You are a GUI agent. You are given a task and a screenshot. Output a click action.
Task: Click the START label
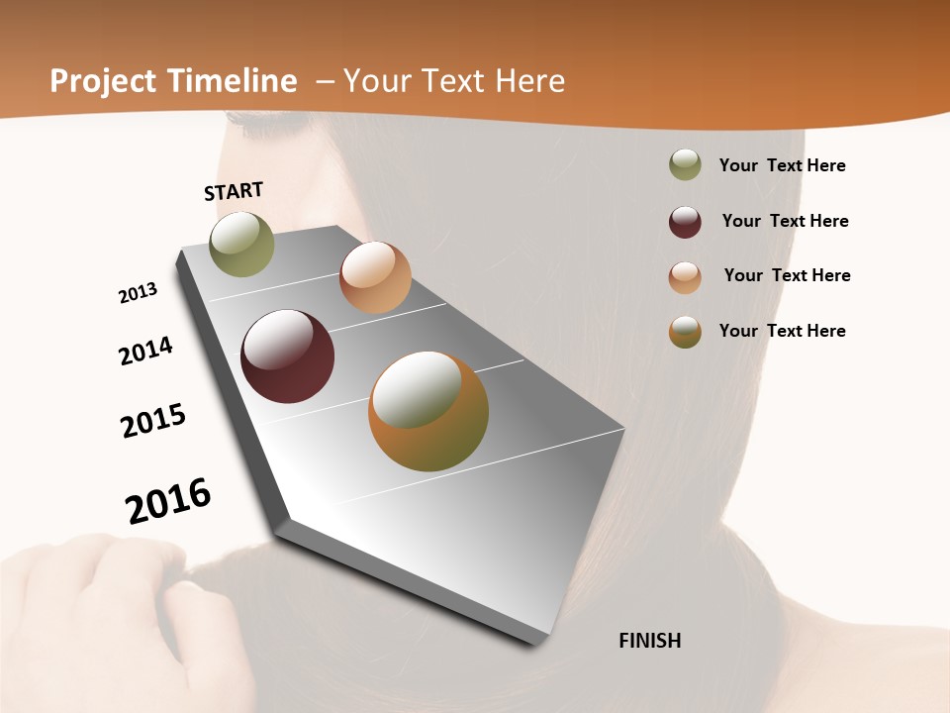pos(234,191)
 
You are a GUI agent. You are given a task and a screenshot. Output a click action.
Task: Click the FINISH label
pos(649,641)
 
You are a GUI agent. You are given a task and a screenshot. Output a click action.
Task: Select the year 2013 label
pos(138,293)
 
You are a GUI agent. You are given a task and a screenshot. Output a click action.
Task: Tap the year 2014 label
pos(145,351)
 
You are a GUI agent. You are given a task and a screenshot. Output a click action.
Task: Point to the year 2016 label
pos(168,501)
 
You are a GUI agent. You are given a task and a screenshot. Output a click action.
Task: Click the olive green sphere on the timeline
pos(241,244)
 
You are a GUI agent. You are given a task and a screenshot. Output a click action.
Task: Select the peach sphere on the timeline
pos(375,277)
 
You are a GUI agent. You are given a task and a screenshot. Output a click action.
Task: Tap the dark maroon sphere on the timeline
pos(288,356)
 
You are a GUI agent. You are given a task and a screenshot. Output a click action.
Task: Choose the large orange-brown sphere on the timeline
pos(428,411)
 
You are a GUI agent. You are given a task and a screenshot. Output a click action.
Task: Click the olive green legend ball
pos(685,165)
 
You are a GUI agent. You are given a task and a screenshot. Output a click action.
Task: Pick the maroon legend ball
pos(685,222)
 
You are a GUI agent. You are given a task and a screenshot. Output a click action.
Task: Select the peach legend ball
pos(685,277)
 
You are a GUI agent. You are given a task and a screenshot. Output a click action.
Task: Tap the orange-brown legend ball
pos(685,332)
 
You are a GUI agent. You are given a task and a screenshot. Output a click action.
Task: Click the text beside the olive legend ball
pos(782,165)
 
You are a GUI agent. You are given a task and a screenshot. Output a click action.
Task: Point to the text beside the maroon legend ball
pos(785,221)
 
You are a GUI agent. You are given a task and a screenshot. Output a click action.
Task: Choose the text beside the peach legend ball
pos(787,275)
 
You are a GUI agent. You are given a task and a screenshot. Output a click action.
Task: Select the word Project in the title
pos(102,81)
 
